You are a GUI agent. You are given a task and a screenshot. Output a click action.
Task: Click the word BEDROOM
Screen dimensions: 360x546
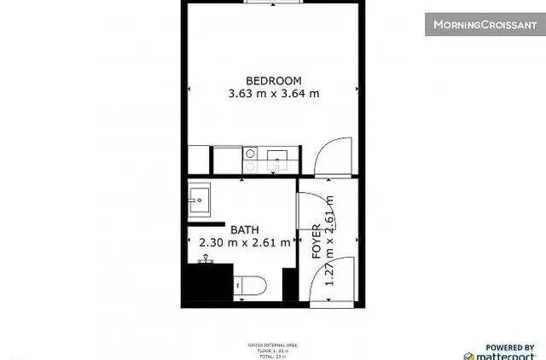click(273, 81)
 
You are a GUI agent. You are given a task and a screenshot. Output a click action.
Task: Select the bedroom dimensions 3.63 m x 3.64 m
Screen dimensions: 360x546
click(273, 95)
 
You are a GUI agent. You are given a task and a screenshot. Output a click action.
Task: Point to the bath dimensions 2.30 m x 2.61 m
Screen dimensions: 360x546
click(244, 243)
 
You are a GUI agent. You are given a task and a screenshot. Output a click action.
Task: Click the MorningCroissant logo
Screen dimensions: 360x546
click(484, 24)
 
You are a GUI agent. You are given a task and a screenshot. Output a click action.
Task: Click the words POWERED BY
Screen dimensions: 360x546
click(509, 346)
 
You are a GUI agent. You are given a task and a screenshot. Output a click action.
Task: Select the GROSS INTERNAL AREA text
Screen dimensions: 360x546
click(273, 345)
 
